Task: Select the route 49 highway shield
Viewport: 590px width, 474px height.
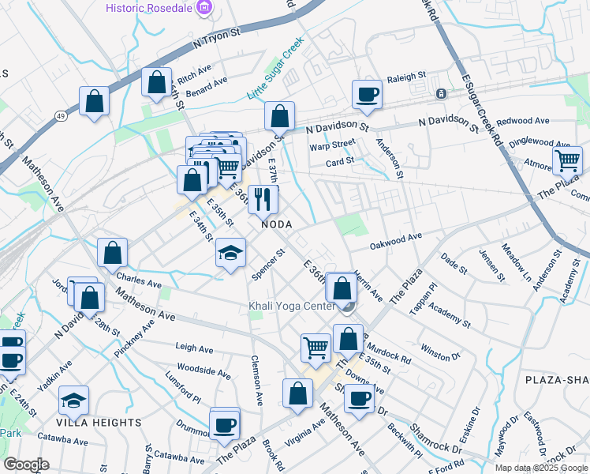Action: point(60,115)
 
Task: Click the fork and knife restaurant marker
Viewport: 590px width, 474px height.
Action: point(263,199)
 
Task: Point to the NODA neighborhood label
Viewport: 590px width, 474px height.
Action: point(277,224)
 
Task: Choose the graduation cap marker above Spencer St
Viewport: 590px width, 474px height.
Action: point(230,253)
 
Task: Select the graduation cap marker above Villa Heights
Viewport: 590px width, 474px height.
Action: point(73,401)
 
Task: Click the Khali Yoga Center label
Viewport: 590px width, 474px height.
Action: point(291,306)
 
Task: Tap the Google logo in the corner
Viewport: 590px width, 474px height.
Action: point(26,465)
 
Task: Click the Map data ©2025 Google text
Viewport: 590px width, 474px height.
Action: point(541,467)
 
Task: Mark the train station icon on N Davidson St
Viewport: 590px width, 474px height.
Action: point(441,93)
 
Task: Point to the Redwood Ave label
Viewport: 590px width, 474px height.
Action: point(523,121)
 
